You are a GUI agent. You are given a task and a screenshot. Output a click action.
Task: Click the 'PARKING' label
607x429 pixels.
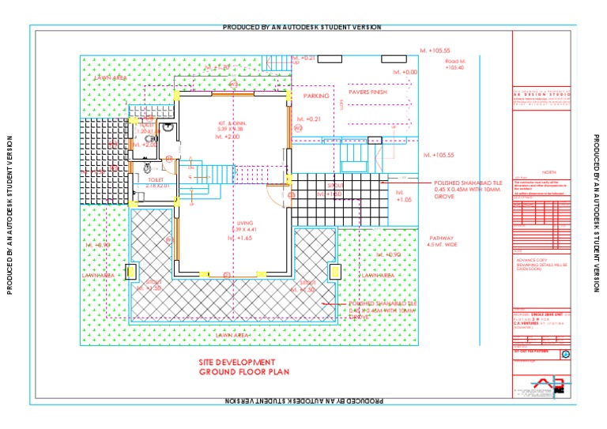(x=316, y=96)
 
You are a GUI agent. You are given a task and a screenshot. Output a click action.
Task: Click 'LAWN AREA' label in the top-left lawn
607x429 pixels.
(x=111, y=78)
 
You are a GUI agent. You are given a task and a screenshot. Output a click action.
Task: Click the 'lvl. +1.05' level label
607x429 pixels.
(x=404, y=196)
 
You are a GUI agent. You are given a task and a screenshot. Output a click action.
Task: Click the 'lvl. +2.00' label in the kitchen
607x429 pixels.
(x=228, y=137)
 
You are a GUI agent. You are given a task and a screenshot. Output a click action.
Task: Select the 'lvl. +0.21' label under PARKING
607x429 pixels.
(x=308, y=119)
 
